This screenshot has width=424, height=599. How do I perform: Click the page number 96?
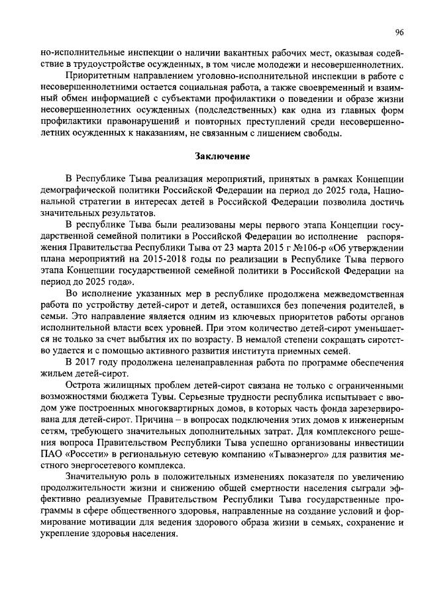coord(399,32)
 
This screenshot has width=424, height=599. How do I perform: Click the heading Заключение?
coord(222,157)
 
